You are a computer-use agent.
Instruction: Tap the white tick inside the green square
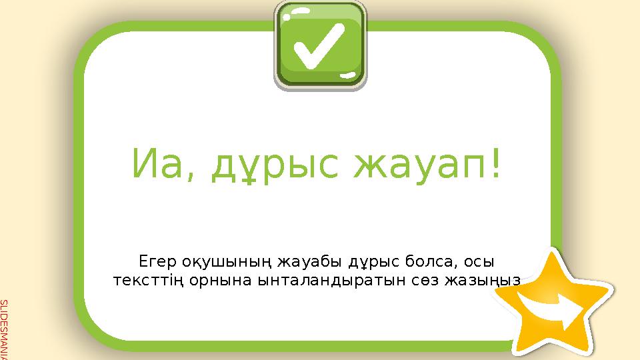[320, 47]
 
